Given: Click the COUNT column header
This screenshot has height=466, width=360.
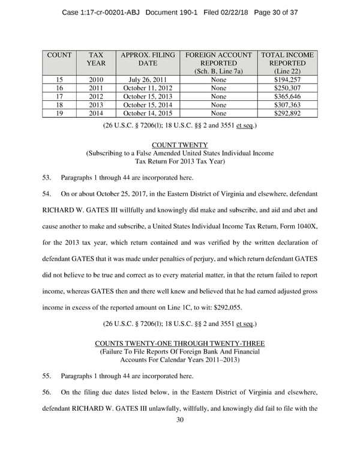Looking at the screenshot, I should click(x=59, y=55).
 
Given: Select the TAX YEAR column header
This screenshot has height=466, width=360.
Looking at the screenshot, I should click(x=95, y=59).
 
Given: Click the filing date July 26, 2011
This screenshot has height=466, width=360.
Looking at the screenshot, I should click(x=147, y=79).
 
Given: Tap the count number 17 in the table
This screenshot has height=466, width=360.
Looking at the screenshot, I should click(x=59, y=96).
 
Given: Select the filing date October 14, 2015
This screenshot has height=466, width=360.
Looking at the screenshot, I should click(x=147, y=113).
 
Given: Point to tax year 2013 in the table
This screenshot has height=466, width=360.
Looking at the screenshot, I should click(x=95, y=104).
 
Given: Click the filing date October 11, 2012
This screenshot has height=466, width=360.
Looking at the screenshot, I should click(x=147, y=88).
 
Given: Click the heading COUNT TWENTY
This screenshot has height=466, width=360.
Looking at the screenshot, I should click(x=179, y=145).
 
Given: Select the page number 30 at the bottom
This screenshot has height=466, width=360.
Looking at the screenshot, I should click(x=179, y=420).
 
